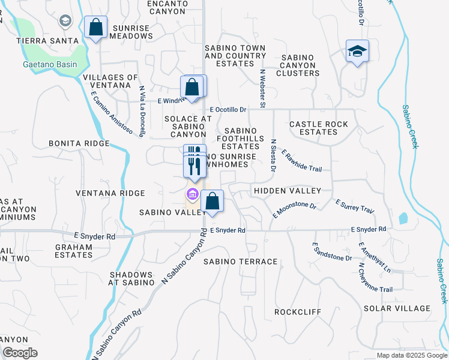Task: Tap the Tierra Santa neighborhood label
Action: point(47,40)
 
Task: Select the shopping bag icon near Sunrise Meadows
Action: point(96,28)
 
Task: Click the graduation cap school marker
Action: point(357,52)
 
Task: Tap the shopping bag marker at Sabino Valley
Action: point(212,201)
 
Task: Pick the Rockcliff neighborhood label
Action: point(297,312)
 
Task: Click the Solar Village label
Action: point(397,308)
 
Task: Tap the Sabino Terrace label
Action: point(240,262)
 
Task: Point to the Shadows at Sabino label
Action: point(132,278)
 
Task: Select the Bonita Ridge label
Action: point(79,144)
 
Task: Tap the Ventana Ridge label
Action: point(110,193)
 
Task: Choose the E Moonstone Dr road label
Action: point(295,209)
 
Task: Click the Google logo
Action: point(20,353)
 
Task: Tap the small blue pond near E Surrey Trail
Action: point(402,218)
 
